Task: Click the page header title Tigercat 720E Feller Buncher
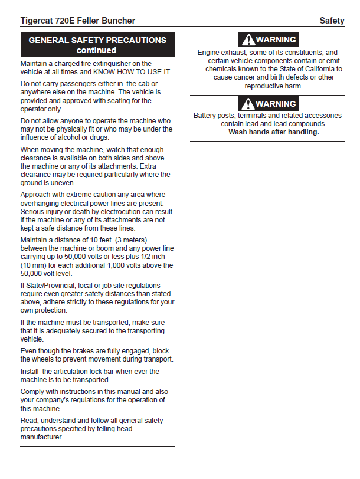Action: click(77, 21)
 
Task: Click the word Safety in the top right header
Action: click(332, 21)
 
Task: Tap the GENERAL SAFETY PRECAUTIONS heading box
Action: click(97, 45)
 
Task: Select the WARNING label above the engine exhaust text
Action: click(269, 40)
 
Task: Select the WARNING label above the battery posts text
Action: click(269, 104)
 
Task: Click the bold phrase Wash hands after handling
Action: click(273, 132)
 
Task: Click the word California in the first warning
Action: click(323, 68)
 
